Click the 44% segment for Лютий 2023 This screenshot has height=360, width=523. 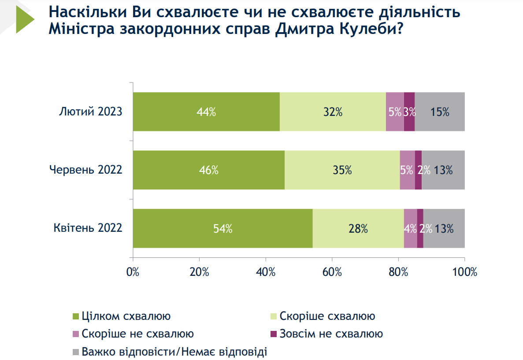pos(206,112)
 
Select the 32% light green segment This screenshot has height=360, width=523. pos(333,112)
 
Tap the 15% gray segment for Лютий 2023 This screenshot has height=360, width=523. pos(440,112)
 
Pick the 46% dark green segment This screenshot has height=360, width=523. pos(208,170)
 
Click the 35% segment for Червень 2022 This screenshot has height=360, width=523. pos(342,170)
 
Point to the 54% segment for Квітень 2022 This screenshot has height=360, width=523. pos(223,228)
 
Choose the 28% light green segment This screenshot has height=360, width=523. pos(358,228)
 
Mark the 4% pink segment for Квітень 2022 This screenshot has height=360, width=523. pos(410,228)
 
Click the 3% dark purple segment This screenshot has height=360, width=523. pos(409,112)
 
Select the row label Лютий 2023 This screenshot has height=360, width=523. pos(90,112)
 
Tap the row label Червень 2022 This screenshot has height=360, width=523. pos(85,170)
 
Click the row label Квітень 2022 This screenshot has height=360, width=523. pos(88,228)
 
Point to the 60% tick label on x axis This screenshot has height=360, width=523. pos(332,272)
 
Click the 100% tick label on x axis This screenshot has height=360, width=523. pos(464,272)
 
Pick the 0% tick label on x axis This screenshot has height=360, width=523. pos(133,272)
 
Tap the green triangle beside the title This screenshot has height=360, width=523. pos(25,19)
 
